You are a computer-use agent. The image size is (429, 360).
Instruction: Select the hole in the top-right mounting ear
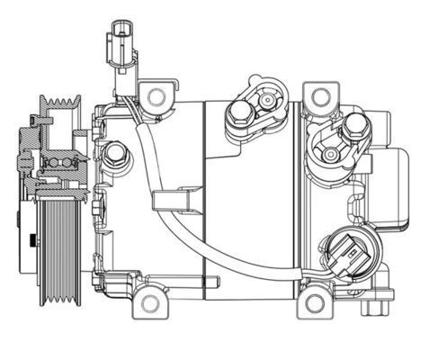[x=317, y=95]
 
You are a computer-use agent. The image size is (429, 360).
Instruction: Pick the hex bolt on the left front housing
[x=114, y=155]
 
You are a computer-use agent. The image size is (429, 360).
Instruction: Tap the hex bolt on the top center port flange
[x=239, y=114]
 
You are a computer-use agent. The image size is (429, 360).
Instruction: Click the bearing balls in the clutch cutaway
[x=56, y=162]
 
